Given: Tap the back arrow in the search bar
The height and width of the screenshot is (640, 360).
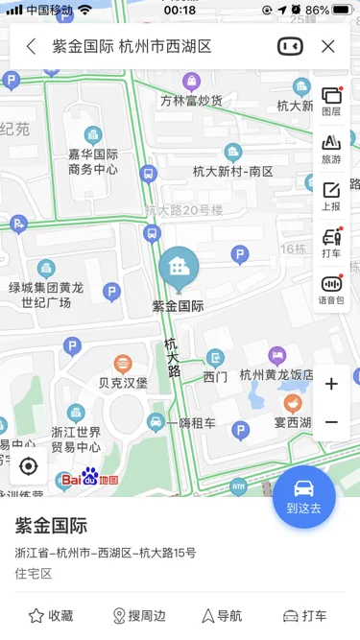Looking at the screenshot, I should coord(31,46).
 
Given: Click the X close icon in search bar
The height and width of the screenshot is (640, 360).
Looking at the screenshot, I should coord(328,46).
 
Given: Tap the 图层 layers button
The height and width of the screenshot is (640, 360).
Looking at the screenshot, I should coord(331,101).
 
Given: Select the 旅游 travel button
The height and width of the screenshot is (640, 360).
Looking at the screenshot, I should coord(331,148).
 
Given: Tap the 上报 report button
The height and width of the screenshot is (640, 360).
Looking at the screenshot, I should coord(331,195).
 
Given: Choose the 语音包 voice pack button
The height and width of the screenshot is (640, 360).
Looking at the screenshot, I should coord(331,289).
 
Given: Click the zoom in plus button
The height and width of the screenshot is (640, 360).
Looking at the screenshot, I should coord(331,384).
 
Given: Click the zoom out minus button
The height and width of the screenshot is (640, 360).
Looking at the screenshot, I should coord(331,422).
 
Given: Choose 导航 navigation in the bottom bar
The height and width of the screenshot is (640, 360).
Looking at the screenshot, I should coord(222,616).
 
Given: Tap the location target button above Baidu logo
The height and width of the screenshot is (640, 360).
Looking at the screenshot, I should coord(28,466).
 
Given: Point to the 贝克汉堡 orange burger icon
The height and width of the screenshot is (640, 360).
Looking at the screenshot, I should coord(123,364).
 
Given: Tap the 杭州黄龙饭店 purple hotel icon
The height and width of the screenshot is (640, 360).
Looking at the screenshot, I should coord(277,356).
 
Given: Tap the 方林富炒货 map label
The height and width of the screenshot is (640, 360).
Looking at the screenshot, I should coord(191,100).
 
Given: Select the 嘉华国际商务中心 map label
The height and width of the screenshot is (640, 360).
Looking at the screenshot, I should coord(93,161).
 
